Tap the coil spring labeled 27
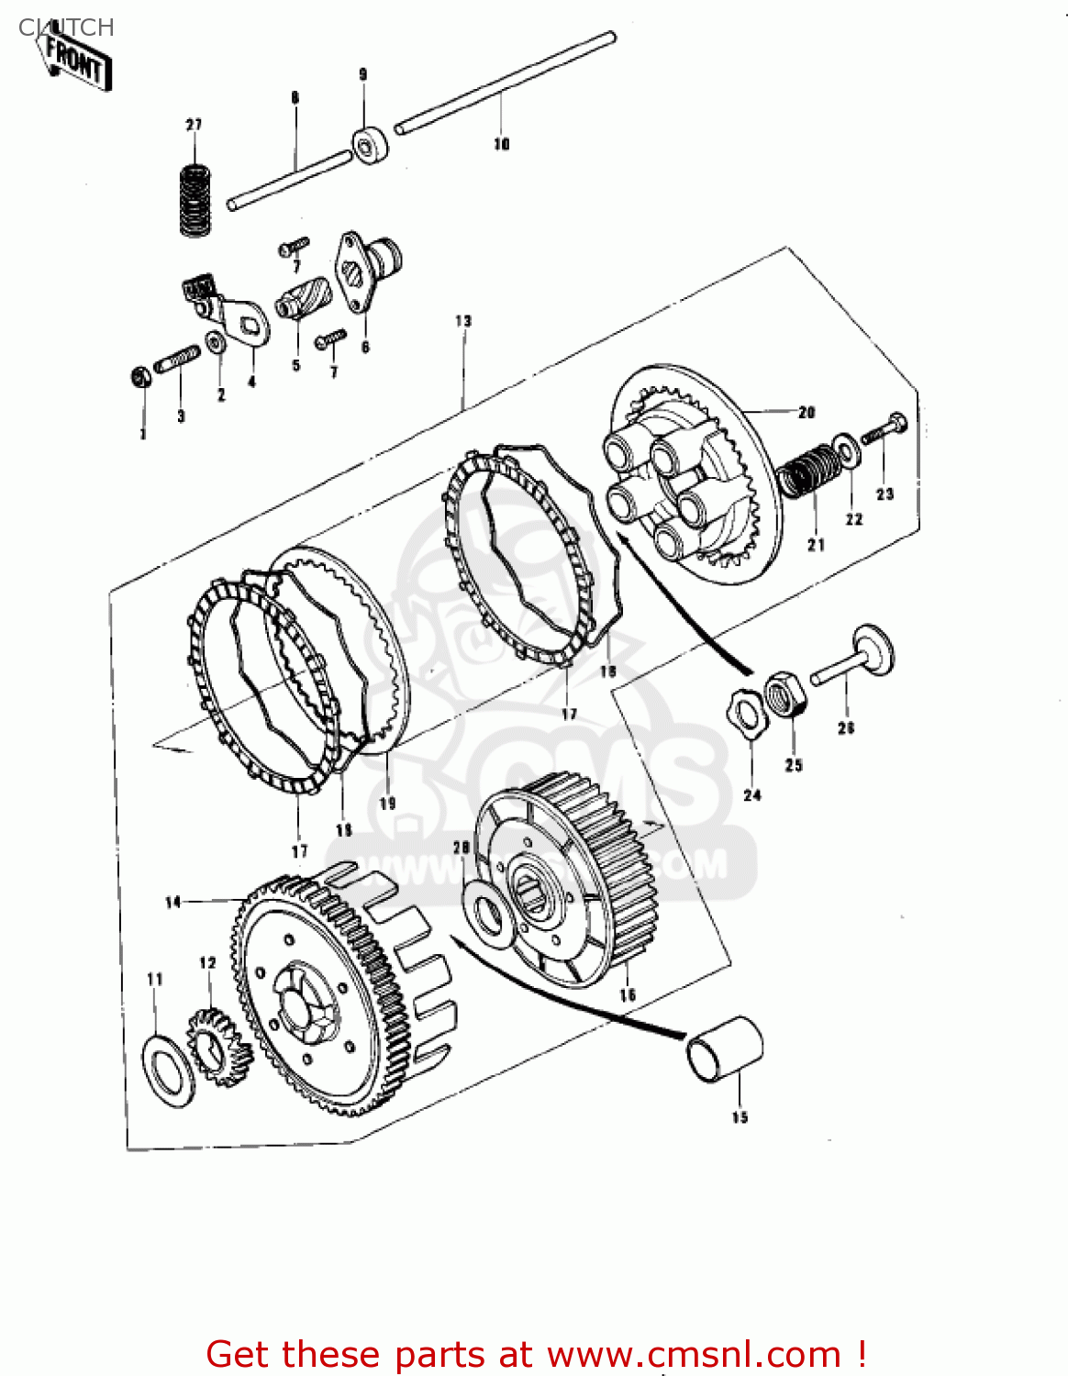[194, 199]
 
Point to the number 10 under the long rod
[502, 144]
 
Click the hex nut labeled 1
[140, 376]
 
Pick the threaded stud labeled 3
[178, 360]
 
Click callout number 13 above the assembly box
[463, 321]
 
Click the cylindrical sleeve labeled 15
[725, 1049]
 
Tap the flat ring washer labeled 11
[169, 1069]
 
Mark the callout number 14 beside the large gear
[173, 903]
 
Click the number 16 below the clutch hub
[628, 995]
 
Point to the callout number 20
[807, 413]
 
